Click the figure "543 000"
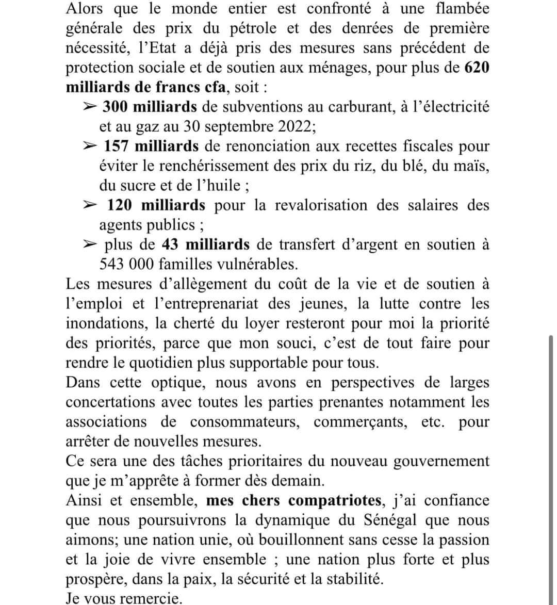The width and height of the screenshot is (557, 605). tap(126, 264)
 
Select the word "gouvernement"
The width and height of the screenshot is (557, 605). tap(441, 461)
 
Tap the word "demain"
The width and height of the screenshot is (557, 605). tap(300, 481)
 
